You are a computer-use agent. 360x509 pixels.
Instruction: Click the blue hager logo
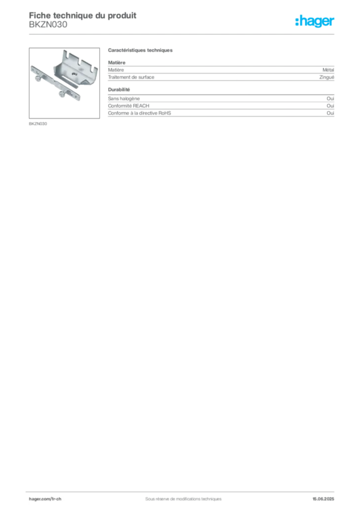pos(315,21)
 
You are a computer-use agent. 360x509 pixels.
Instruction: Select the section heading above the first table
pos(141,51)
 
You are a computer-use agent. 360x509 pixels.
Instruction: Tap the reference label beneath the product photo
pos(38,123)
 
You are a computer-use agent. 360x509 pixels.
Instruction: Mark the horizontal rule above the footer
pos(182,490)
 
